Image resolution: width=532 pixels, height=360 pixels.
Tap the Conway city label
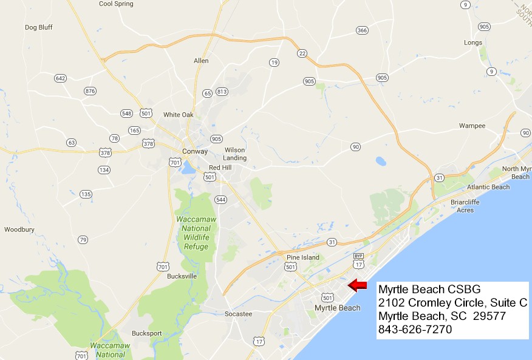click(x=195, y=151)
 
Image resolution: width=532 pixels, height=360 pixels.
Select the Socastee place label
click(x=237, y=314)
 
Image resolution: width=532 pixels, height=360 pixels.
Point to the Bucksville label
click(x=165, y=276)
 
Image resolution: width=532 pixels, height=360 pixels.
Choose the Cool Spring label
click(x=115, y=4)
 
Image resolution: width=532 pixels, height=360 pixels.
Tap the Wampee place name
click(x=472, y=126)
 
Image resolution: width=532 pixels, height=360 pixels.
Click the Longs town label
click(x=472, y=42)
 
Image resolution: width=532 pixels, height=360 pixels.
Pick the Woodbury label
click(x=19, y=229)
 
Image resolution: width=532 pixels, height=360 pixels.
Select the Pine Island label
click(x=302, y=257)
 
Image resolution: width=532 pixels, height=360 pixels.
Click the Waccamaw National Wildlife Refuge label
click(x=193, y=233)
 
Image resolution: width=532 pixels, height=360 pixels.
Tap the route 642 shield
click(x=60, y=78)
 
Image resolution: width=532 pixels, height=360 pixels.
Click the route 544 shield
click(x=220, y=199)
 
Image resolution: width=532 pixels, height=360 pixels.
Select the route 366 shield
click(x=363, y=30)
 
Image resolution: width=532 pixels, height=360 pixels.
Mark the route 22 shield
click(x=302, y=53)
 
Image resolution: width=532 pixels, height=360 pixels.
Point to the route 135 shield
click(x=86, y=194)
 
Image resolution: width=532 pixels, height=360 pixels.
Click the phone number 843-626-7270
click(x=415, y=330)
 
